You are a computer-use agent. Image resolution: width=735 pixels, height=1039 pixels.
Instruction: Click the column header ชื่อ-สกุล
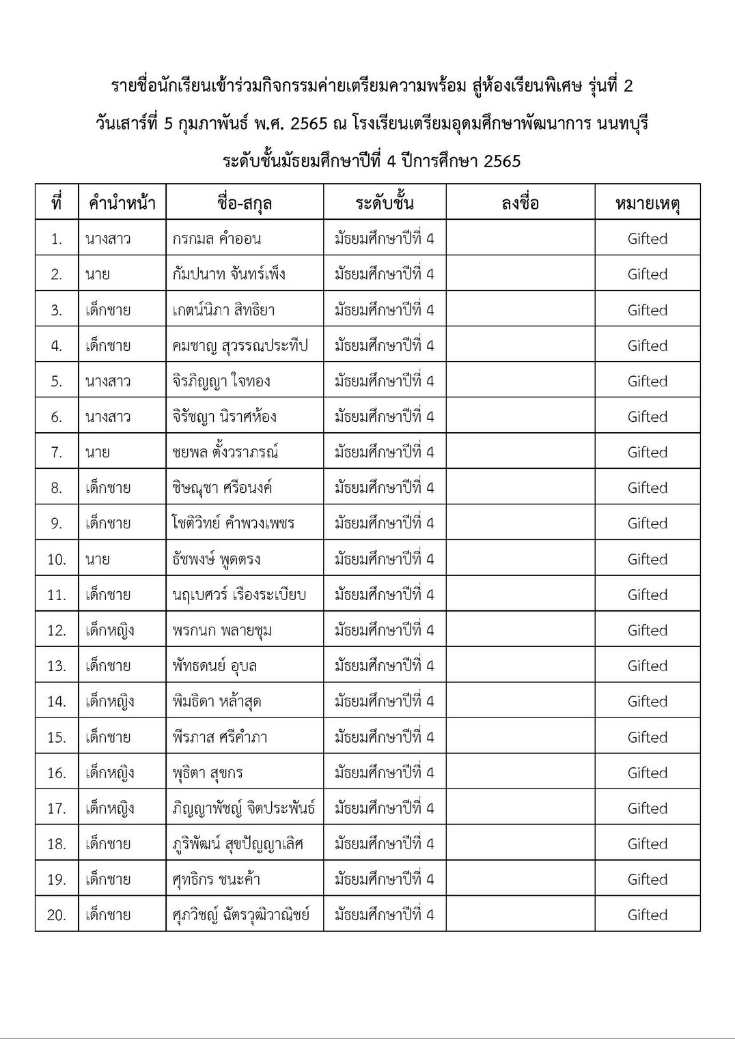click(244, 203)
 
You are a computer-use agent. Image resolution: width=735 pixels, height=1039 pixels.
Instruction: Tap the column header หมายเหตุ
click(647, 203)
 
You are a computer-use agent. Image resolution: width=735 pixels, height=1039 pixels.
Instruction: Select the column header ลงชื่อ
click(520, 203)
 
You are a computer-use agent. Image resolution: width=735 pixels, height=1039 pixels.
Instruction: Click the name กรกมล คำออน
click(217, 239)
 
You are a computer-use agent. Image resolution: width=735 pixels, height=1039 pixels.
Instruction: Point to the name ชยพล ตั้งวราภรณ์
click(225, 452)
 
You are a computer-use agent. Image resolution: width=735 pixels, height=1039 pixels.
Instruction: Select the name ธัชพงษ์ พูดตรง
click(216, 559)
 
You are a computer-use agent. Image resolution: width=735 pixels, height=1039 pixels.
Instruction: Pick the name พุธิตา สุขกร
click(207, 773)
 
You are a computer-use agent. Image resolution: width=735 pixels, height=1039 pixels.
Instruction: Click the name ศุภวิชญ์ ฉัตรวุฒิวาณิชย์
click(240, 915)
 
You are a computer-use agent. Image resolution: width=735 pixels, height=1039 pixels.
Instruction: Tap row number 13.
click(57, 666)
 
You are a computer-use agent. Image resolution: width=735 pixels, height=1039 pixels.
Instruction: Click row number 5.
click(57, 381)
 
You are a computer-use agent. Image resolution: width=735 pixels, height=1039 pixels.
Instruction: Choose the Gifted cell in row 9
click(647, 524)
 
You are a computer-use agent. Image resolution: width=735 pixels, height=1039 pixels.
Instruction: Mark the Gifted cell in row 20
click(647, 915)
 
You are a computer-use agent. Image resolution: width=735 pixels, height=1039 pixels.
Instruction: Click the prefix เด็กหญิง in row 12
click(109, 630)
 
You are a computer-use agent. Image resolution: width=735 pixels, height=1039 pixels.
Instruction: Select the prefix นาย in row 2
click(98, 274)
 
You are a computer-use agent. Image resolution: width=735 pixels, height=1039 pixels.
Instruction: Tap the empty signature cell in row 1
click(520, 239)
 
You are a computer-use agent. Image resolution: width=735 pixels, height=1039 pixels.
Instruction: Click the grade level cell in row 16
click(384, 773)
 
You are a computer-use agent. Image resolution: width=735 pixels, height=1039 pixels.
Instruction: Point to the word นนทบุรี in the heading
click(622, 124)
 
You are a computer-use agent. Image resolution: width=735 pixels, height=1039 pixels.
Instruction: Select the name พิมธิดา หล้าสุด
click(217, 701)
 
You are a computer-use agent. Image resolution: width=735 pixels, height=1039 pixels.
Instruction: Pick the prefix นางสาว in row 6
click(108, 416)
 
